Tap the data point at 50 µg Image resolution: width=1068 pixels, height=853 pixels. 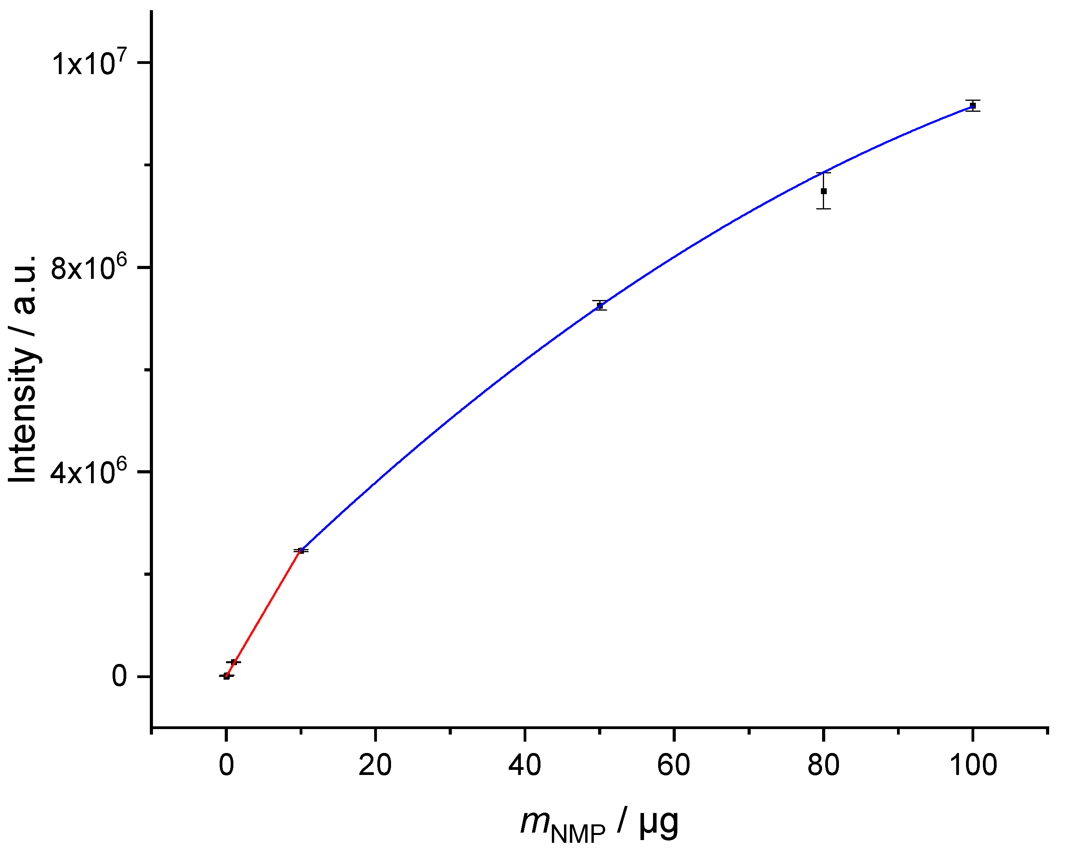599,306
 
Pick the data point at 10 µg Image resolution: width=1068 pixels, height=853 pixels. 300,551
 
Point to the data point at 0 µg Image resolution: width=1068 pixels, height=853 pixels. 226,676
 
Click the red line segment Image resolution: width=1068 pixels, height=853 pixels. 262,614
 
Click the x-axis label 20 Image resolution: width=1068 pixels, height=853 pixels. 375,765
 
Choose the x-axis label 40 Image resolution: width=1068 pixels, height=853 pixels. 525,765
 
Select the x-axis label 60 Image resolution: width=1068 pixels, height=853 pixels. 674,765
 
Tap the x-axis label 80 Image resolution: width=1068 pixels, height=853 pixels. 823,765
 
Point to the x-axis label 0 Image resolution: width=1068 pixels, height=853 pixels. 226,765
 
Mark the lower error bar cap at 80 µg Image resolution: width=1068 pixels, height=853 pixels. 823,209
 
